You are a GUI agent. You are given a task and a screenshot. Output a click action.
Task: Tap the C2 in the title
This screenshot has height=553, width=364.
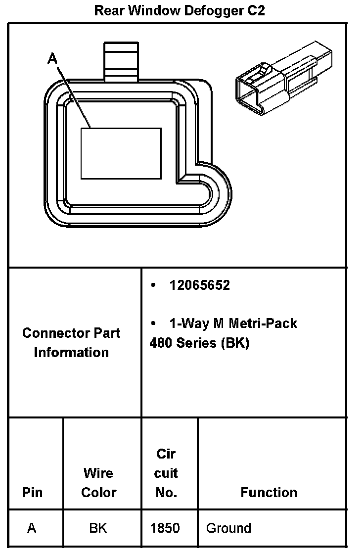(256, 11)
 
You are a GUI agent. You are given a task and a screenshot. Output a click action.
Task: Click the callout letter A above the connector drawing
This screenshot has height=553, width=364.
(52, 59)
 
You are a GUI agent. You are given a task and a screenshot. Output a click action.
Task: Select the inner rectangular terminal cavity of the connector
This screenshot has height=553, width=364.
(121, 153)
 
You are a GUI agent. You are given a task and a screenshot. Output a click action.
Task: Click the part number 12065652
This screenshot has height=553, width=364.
(199, 285)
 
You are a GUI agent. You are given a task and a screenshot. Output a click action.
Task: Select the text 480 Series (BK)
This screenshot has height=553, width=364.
(199, 343)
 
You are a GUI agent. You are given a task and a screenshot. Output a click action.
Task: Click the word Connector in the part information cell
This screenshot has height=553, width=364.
(52, 333)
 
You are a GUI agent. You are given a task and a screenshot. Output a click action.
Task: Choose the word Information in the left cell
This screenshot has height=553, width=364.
(71, 353)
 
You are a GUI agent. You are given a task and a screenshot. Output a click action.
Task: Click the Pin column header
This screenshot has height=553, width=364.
(32, 493)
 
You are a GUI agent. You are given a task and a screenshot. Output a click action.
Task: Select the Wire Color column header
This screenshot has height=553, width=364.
(98, 483)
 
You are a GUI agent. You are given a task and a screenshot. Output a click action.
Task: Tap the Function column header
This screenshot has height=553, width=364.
(269, 493)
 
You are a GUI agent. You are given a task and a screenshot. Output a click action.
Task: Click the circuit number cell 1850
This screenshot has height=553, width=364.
(165, 528)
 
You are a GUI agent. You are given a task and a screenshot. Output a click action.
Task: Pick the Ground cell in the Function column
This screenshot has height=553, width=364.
(228, 528)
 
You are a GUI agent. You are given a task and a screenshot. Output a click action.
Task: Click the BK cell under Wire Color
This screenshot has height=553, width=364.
(98, 528)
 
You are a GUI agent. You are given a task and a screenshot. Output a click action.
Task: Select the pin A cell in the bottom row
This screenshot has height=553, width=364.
(32, 528)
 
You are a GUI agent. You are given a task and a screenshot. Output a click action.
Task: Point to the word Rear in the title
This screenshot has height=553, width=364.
(109, 11)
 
